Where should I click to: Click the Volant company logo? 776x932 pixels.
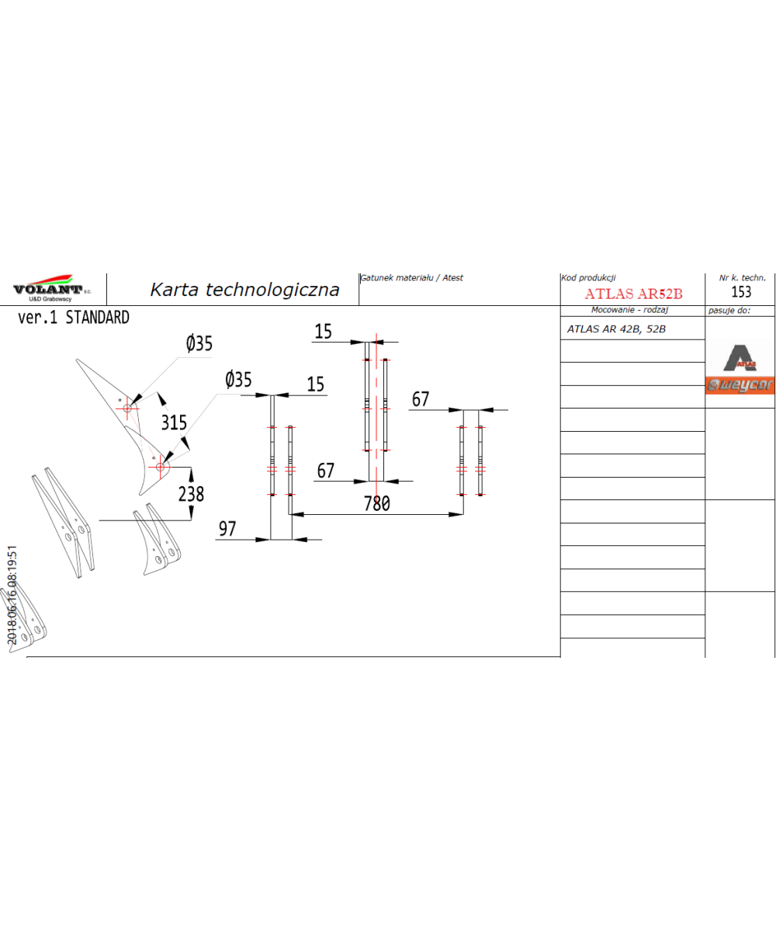(51, 287)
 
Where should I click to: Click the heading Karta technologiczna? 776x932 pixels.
(244, 289)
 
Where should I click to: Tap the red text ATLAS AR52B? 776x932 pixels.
(633, 294)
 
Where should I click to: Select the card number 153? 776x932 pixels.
(741, 291)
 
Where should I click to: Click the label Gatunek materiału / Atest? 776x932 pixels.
(411, 277)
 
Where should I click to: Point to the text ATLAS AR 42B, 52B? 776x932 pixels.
(616, 329)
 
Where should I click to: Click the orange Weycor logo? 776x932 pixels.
(740, 385)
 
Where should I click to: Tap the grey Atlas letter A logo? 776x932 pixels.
(740, 357)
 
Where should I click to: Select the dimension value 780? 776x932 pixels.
(377, 503)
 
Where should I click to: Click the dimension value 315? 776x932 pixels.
(174, 423)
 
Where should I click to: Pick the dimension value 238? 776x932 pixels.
(191, 494)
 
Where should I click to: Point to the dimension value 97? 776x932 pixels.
(227, 528)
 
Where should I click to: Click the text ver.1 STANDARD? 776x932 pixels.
(74, 318)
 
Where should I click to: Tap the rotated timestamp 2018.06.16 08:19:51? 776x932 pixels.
(12, 595)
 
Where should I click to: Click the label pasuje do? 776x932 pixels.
(729, 310)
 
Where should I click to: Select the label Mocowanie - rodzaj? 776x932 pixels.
(629, 310)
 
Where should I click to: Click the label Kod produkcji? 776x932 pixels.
(588, 277)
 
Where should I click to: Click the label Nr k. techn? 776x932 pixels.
(742, 277)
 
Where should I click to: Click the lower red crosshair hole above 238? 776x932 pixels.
(160, 468)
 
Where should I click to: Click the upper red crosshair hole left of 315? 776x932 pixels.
(127, 408)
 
